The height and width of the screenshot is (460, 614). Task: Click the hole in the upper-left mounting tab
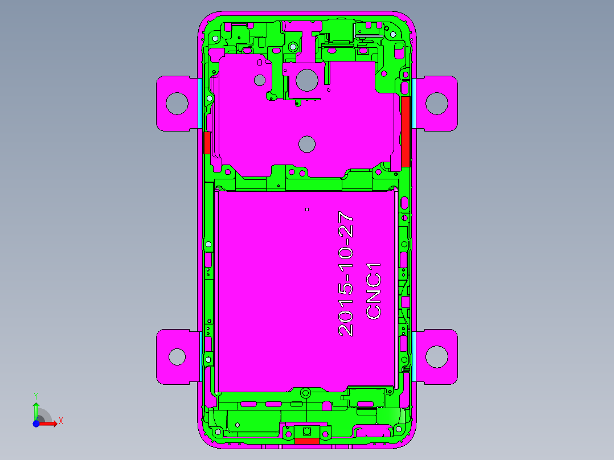click(x=177, y=103)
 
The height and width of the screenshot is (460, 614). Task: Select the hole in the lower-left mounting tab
click(x=177, y=357)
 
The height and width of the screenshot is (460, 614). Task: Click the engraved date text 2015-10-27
click(x=346, y=274)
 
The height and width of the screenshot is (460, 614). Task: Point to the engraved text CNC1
click(x=374, y=290)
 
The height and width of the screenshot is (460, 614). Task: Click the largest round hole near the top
click(x=307, y=80)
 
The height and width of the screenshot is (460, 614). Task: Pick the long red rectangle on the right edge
click(x=406, y=132)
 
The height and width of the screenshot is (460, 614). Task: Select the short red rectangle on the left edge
click(x=207, y=142)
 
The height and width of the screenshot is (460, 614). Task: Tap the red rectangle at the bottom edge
click(x=306, y=441)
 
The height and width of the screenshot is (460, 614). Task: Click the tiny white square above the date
click(x=306, y=210)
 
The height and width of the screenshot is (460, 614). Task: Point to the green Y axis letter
click(x=35, y=395)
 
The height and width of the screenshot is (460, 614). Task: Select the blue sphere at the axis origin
click(x=36, y=424)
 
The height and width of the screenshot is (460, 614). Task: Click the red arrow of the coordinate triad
click(x=50, y=424)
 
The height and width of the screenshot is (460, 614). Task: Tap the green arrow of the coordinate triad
click(x=36, y=409)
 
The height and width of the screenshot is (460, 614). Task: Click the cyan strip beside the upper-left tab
click(x=200, y=103)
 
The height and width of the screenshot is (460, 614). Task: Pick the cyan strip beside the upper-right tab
click(x=414, y=103)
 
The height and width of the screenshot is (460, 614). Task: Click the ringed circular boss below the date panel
click(x=305, y=393)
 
